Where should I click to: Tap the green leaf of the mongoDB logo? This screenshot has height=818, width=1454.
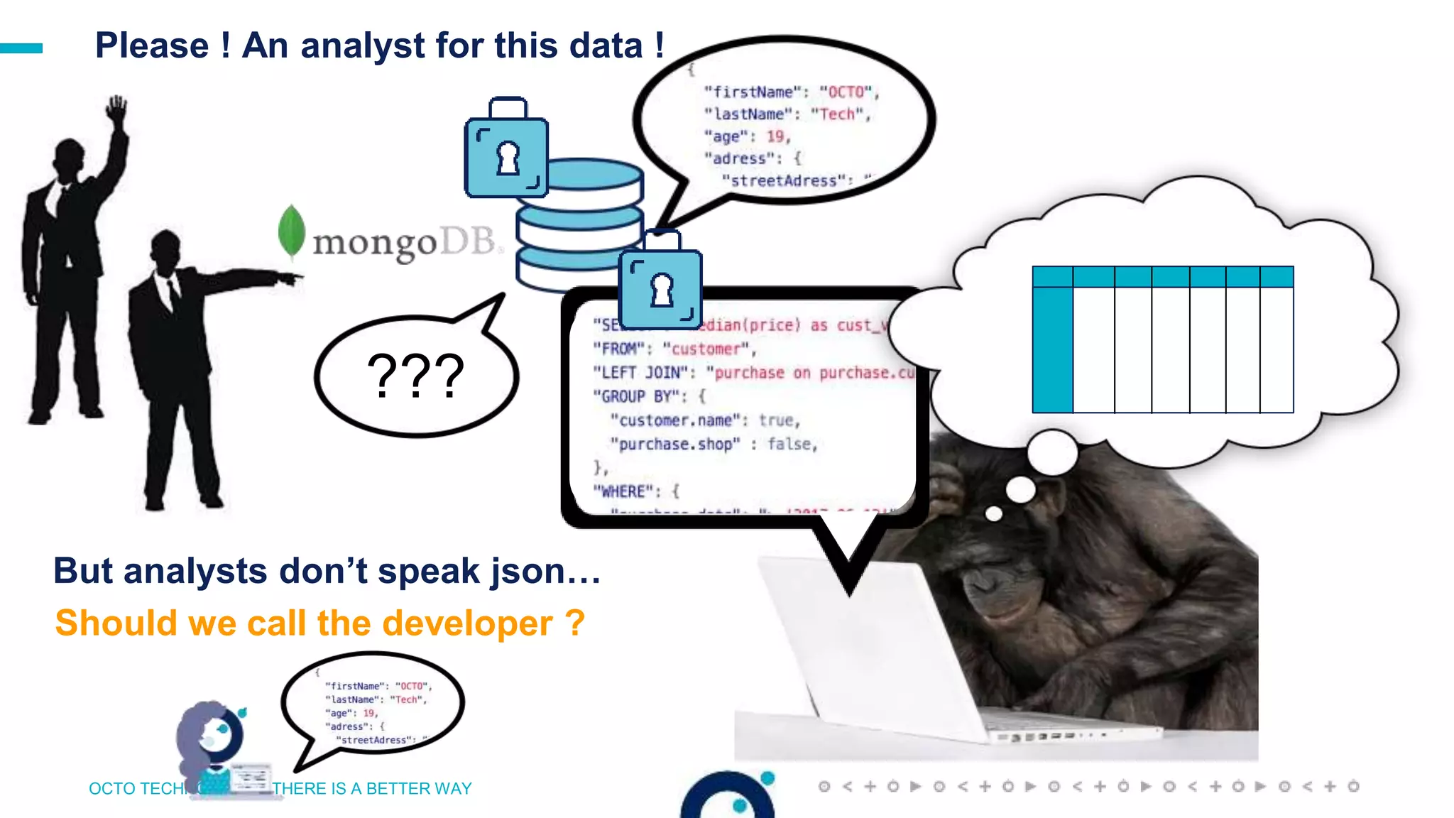click(x=291, y=231)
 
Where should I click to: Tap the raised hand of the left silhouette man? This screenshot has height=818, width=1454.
click(x=116, y=109)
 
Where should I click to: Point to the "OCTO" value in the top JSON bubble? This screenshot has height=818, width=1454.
click(x=846, y=92)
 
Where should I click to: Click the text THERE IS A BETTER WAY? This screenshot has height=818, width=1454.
click(x=372, y=788)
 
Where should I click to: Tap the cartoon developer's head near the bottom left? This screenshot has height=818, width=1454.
click(x=213, y=731)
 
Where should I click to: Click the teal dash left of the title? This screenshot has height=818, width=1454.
click(x=21, y=48)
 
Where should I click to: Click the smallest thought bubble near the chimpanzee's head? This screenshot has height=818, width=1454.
click(x=994, y=513)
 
